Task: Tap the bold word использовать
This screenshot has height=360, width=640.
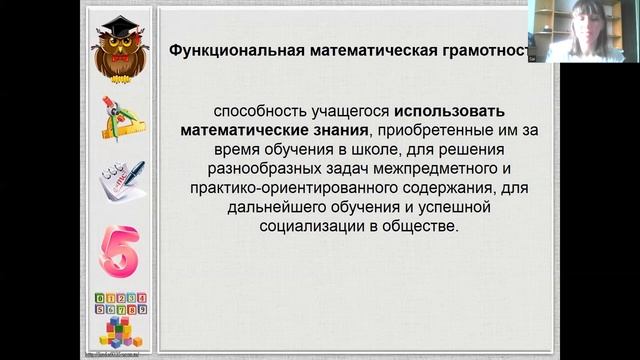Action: click(443, 110)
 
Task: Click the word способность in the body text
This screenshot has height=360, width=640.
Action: click(254, 110)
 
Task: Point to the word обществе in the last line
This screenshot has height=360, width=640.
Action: click(427, 227)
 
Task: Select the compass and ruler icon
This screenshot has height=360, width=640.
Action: click(122, 119)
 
